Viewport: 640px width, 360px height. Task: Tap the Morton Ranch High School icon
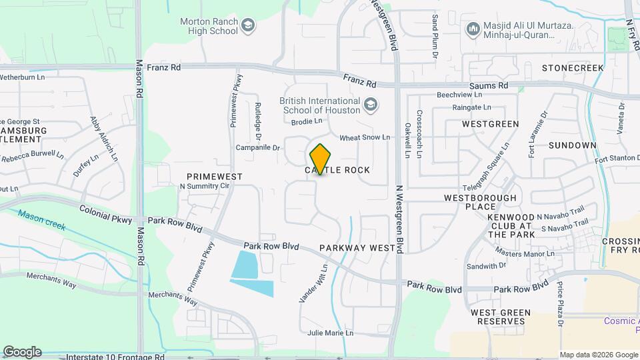pos(249,26)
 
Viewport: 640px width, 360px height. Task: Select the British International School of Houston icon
pos(371,105)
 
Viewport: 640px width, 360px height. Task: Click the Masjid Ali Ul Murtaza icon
pos(473,29)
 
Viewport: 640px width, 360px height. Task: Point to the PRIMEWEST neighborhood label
pos(215,176)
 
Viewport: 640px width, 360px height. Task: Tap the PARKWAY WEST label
pos(358,248)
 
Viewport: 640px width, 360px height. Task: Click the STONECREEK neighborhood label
pos(573,68)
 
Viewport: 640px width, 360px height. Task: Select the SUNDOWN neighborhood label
pos(572,145)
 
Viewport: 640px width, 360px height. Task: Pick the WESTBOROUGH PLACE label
pos(481,203)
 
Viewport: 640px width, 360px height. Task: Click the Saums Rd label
pos(489,86)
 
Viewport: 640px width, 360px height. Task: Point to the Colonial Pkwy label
pos(106,213)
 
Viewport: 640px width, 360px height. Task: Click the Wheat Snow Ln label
pos(365,137)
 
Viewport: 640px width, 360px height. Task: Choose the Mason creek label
pos(42,220)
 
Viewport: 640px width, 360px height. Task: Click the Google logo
pos(22,352)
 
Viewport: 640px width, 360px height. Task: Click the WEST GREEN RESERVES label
pos(501,317)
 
